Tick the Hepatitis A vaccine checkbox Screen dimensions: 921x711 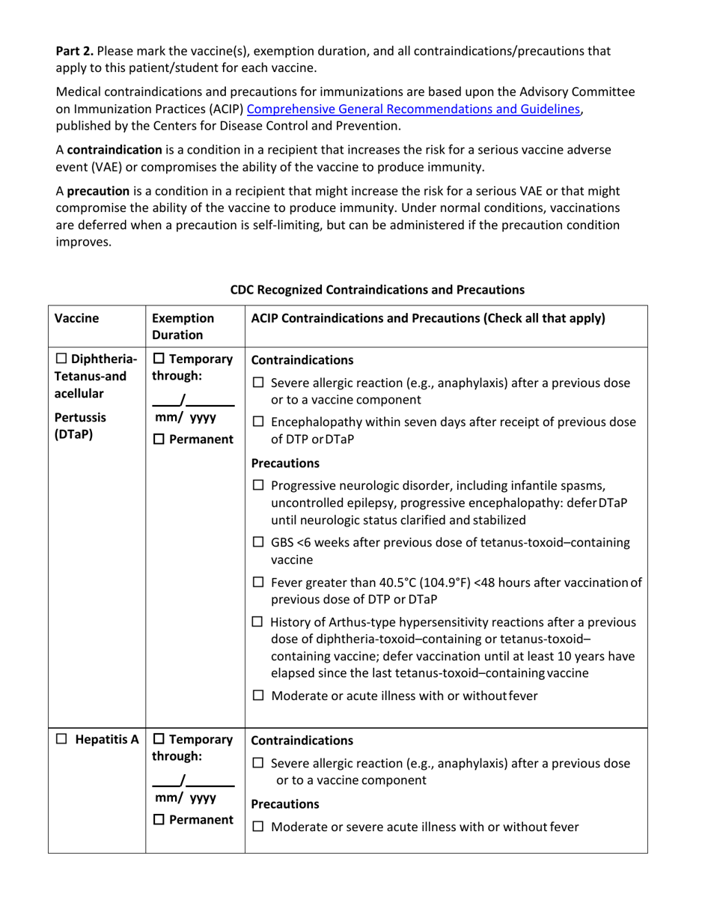point(62,740)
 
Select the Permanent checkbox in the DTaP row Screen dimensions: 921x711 point(158,439)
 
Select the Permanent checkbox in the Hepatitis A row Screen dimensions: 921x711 point(158,820)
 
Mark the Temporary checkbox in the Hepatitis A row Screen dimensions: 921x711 point(158,740)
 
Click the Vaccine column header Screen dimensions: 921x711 point(76,318)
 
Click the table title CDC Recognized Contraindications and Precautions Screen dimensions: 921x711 point(376,289)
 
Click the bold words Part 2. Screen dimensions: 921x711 point(75,51)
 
